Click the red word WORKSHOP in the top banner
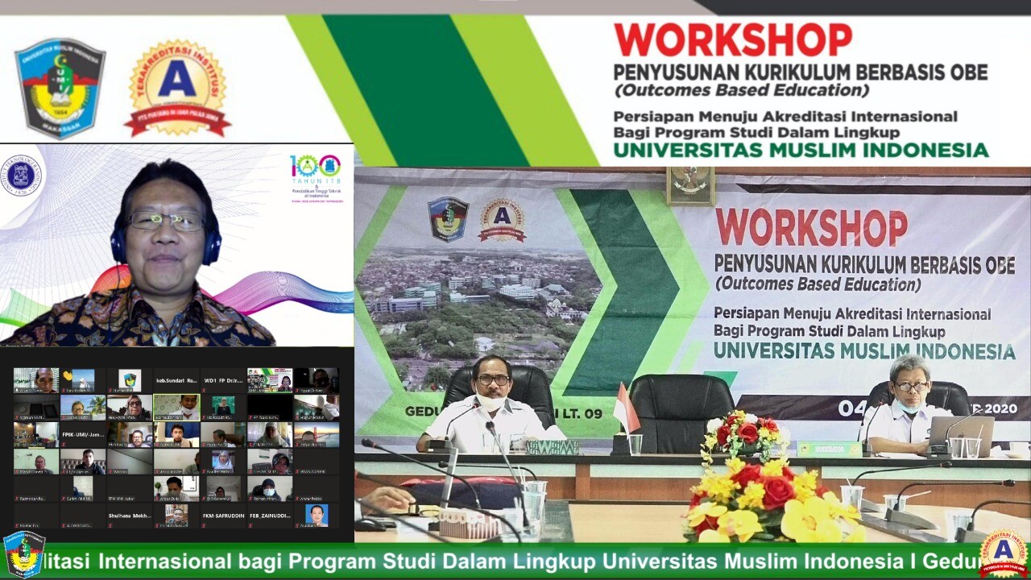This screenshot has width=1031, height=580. pos(732,39)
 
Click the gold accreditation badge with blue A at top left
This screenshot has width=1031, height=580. pos(177,87)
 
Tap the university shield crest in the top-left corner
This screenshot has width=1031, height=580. pos(60,87)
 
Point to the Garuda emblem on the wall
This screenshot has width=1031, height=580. pos(690,185)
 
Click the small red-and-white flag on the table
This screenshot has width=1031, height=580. pos(626,410)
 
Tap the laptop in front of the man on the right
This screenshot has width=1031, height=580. pos(963,436)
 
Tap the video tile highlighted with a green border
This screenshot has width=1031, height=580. pos(176,408)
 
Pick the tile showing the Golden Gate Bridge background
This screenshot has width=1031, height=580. pos(317,435)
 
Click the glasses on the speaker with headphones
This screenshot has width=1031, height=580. pos(165,221)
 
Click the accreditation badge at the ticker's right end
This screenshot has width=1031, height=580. pos(1004,555)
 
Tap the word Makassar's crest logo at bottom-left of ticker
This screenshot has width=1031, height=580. pos(24,555)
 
